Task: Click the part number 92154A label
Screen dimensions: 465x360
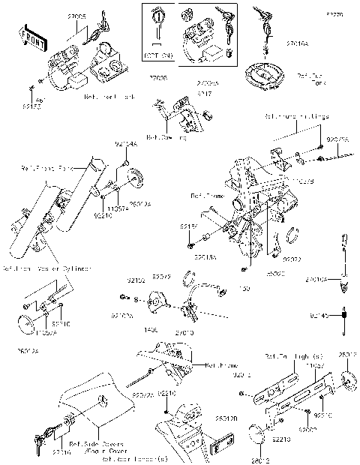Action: tap(125, 143)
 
